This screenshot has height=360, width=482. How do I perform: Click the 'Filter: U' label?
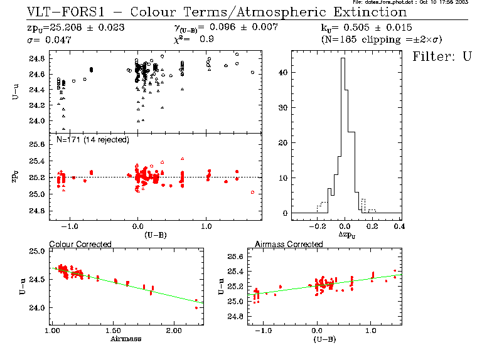441,56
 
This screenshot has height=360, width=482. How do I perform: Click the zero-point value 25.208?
66,28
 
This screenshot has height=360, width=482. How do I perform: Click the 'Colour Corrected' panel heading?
80,244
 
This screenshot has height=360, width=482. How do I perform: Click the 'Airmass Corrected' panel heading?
289,244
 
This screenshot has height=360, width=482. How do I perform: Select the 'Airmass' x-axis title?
125,339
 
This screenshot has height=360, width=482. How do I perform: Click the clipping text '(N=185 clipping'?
351,40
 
